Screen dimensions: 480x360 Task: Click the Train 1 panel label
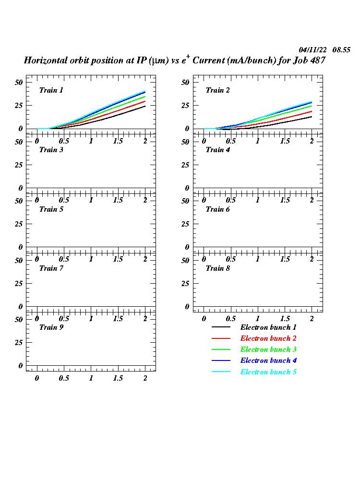[51, 90]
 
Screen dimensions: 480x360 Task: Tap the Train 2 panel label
[218, 90]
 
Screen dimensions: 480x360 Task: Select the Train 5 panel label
[51, 209]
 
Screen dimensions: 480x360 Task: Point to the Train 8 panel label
[218, 268]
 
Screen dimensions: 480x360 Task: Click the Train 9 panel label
[51, 327]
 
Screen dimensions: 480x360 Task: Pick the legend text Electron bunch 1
[268, 327]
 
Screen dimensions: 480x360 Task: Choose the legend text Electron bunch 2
[268, 338]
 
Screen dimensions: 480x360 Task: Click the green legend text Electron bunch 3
[268, 349]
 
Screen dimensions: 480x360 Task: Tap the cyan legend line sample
[221, 372]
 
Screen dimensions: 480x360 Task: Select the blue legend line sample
[221, 361]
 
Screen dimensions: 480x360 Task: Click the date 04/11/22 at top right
[313, 50]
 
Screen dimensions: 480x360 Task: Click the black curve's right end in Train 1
[145, 106]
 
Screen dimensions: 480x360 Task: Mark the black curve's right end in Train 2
[312, 117]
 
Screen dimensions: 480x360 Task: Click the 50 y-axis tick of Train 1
[19, 83]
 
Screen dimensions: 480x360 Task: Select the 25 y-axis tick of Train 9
[19, 343]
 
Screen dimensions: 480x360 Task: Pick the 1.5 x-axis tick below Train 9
[118, 378]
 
